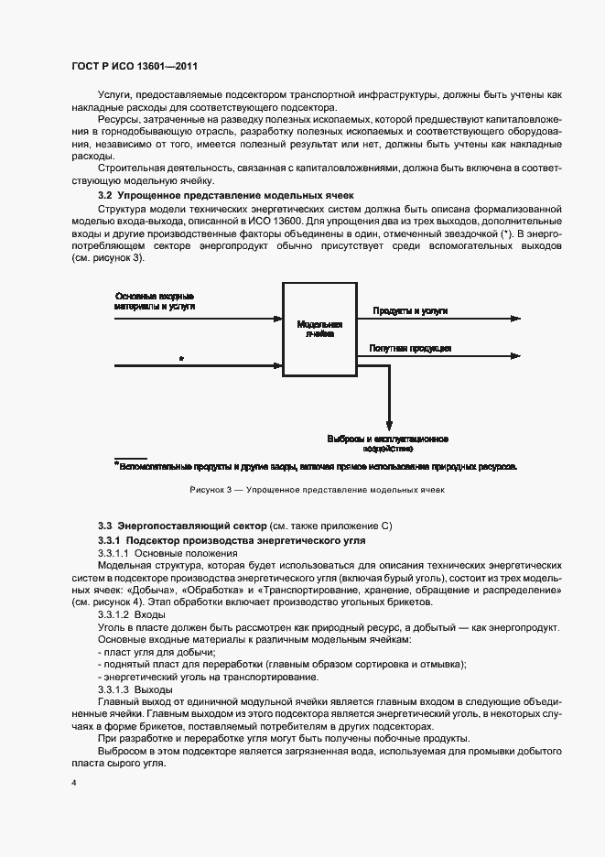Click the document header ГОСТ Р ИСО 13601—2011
(x=135, y=67)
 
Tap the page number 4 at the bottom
(x=73, y=784)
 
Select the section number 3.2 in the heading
(x=104, y=196)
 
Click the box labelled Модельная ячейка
(x=319, y=329)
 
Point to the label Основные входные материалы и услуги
(x=155, y=300)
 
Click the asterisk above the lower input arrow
(x=181, y=359)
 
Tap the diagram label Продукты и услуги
(x=409, y=311)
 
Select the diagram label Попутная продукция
(x=409, y=348)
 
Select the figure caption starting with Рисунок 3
(x=316, y=490)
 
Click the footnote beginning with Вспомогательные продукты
(x=316, y=466)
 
